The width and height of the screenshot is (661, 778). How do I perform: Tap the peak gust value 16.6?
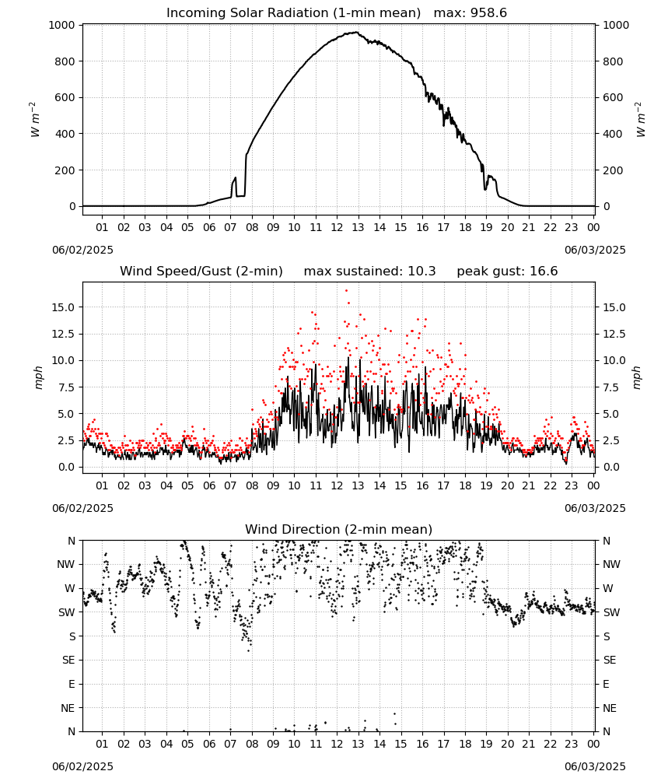544,272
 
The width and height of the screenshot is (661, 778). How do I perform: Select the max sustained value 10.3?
421,272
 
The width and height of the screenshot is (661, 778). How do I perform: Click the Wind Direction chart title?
339,529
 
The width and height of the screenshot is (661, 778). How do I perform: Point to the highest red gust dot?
346,291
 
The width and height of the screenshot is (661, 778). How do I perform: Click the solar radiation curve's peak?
356,32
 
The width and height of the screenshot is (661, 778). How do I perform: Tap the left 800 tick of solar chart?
65,61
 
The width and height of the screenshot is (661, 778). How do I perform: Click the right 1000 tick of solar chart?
616,26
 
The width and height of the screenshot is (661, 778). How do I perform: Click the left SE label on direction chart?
68,661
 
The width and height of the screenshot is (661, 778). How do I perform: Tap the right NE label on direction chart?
610,709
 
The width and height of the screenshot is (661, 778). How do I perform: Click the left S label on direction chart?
72,636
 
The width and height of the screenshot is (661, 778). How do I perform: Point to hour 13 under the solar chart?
358,228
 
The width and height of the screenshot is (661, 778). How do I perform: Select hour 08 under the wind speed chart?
252,485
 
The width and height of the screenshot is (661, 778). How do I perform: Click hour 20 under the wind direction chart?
507,745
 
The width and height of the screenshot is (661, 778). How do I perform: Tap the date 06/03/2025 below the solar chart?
595,250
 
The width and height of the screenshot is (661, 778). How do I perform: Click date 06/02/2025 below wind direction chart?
82,766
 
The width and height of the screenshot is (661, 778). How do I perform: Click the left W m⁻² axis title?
35,120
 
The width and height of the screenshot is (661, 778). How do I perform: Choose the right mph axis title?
637,378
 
